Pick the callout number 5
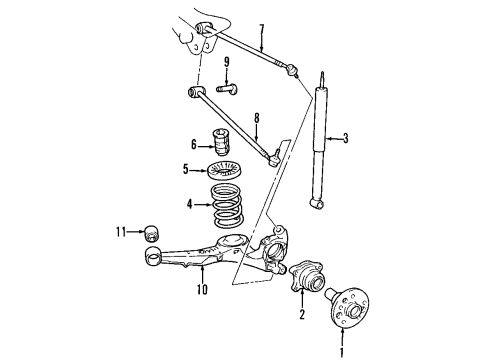(187, 169)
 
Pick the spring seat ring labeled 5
(225, 169)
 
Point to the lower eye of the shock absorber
(319, 204)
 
